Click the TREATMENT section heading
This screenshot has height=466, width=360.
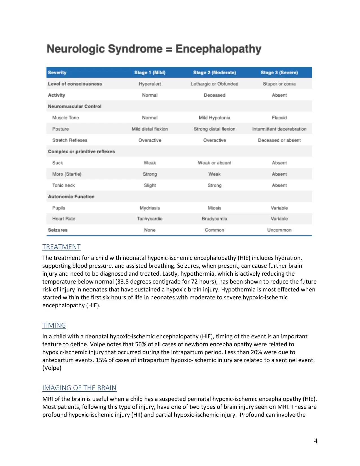pyautogui.click(x=61, y=247)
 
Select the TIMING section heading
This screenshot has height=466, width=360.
pyautogui.click(x=54, y=325)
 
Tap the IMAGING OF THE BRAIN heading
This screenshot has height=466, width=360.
pyautogui.click(x=79, y=388)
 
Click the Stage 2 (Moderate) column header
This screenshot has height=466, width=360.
pyautogui.click(x=214, y=73)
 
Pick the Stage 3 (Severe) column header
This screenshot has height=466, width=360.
pyautogui.click(x=279, y=73)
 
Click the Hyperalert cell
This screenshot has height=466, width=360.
pyautogui.click(x=150, y=84)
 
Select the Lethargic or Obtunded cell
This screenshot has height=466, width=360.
pyautogui.click(x=214, y=84)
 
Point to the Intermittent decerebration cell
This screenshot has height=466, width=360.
pyautogui.click(x=279, y=129)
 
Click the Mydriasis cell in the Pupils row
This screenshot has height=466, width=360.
pyautogui.click(x=150, y=208)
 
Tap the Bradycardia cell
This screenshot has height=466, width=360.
pyautogui.click(x=214, y=219)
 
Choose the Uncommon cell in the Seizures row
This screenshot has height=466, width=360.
pyautogui.click(x=279, y=230)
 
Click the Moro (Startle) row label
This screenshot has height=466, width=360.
pyautogui.click(x=67, y=174)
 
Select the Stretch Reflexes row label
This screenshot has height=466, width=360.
pyautogui.click(x=69, y=140)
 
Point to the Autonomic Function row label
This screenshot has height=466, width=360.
pyautogui.click(x=71, y=197)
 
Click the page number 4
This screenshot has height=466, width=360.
pyautogui.click(x=316, y=441)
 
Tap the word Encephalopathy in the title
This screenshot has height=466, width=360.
pyautogui.click(x=218, y=49)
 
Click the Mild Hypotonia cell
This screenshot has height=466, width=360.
pyautogui.click(x=214, y=118)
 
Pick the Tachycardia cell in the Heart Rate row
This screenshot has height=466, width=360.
pyautogui.click(x=150, y=219)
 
